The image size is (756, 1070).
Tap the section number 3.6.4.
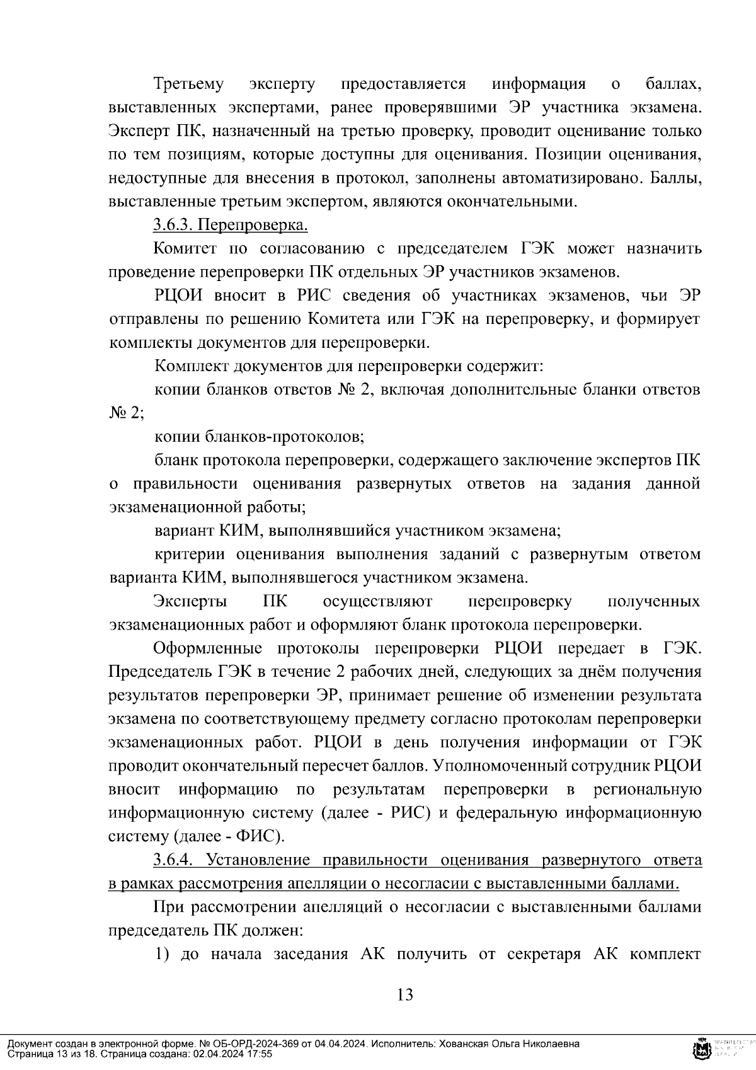point(176,860)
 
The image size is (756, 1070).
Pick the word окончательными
point(512,202)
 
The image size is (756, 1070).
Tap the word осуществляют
point(377,602)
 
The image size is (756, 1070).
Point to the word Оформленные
point(207,648)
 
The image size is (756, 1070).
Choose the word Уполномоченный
point(543,766)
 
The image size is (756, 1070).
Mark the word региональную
point(647,790)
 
